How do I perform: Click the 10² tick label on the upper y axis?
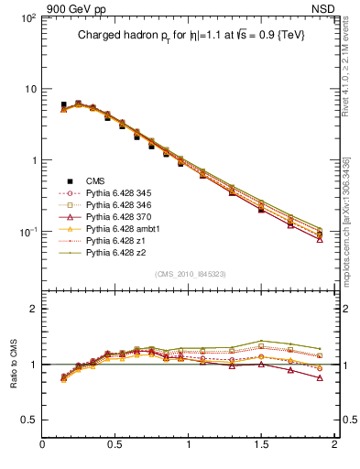tap(28, 18)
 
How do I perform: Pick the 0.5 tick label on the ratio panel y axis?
tap(28, 420)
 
